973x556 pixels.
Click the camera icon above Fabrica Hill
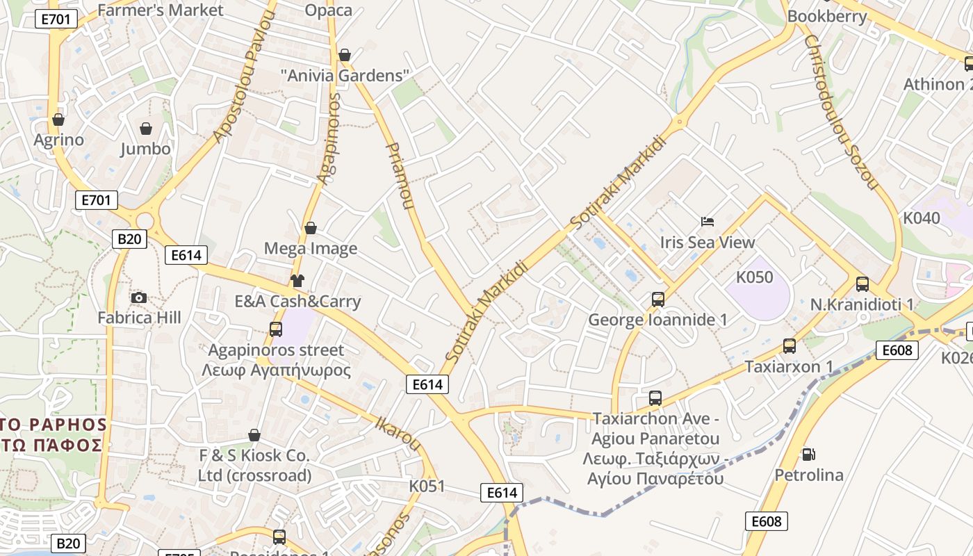pyautogui.click(x=139, y=298)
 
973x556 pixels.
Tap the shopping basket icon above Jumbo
pyautogui.click(x=146, y=129)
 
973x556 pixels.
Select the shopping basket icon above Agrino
pyautogui.click(x=58, y=120)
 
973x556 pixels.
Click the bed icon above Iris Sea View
pyautogui.click(x=708, y=222)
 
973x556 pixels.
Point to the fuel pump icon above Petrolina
pyautogui.click(x=808, y=455)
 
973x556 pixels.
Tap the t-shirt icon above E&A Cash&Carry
pyautogui.click(x=297, y=281)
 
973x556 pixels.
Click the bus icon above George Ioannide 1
pyautogui.click(x=658, y=300)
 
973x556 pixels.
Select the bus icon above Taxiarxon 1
pyautogui.click(x=790, y=346)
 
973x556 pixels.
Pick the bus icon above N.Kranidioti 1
pyautogui.click(x=862, y=284)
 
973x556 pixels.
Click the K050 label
pyautogui.click(x=754, y=277)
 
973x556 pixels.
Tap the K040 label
pyautogui.click(x=921, y=218)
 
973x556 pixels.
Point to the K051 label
pyautogui.click(x=427, y=486)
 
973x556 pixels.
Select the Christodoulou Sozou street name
pyautogui.click(x=840, y=113)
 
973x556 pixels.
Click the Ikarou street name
pyautogui.click(x=398, y=433)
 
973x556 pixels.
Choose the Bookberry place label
pyautogui.click(x=827, y=17)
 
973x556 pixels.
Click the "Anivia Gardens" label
pyautogui.click(x=345, y=76)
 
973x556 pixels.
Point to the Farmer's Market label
pyautogui.click(x=161, y=10)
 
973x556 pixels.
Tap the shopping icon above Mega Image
pyautogui.click(x=311, y=228)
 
